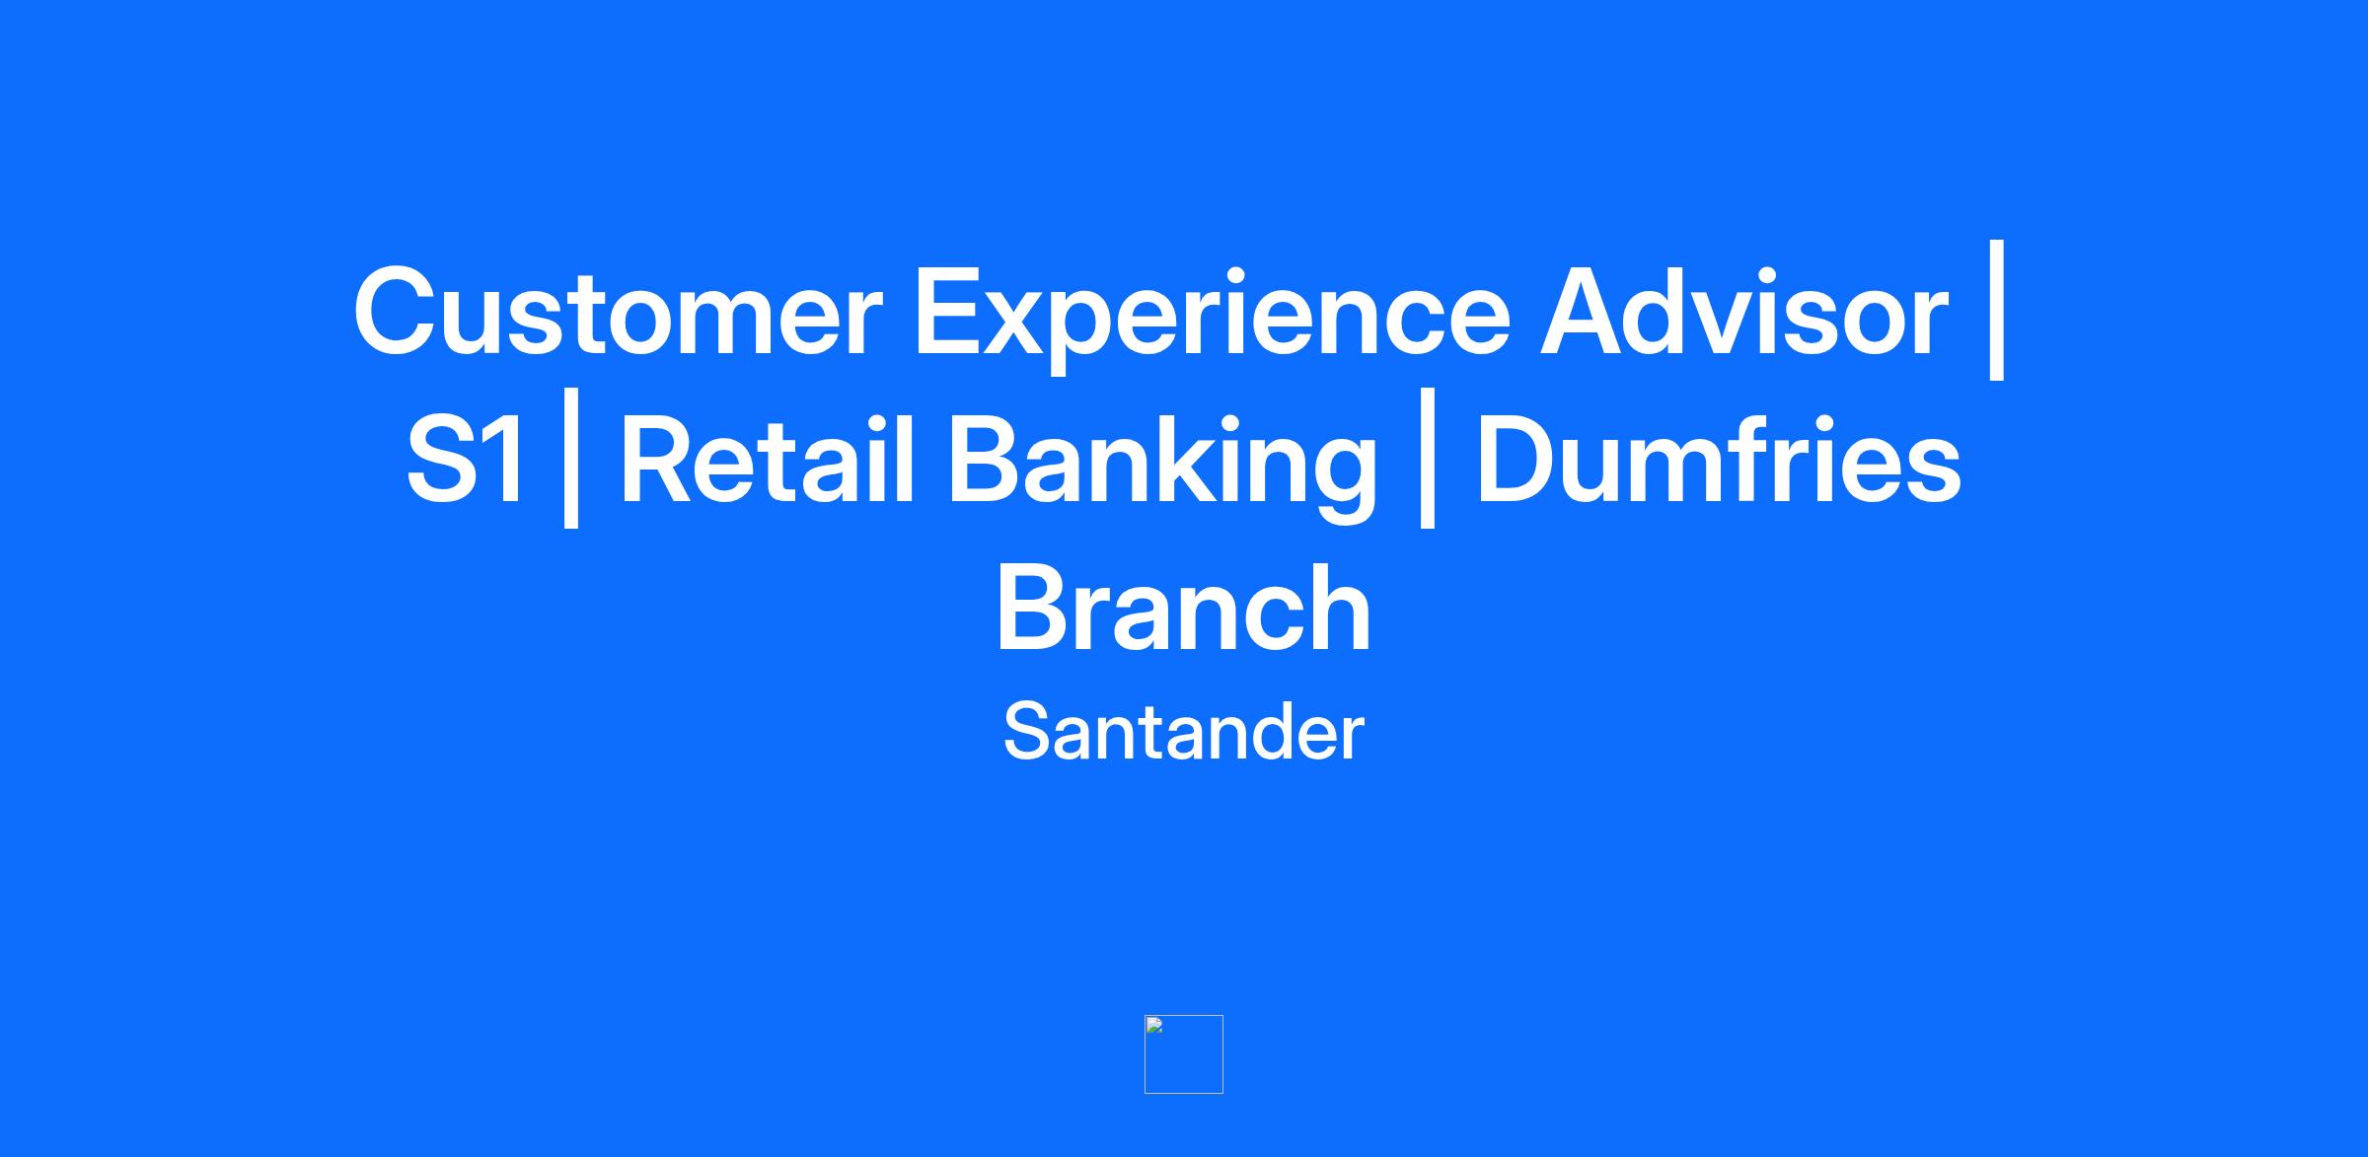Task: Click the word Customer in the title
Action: (x=618, y=311)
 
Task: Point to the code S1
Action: (x=465, y=460)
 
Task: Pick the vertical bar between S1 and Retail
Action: (x=570, y=459)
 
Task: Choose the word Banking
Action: (x=1162, y=468)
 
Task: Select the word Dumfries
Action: (x=1719, y=459)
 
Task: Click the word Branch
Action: (x=1184, y=607)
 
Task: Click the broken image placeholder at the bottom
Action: (x=1184, y=1054)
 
